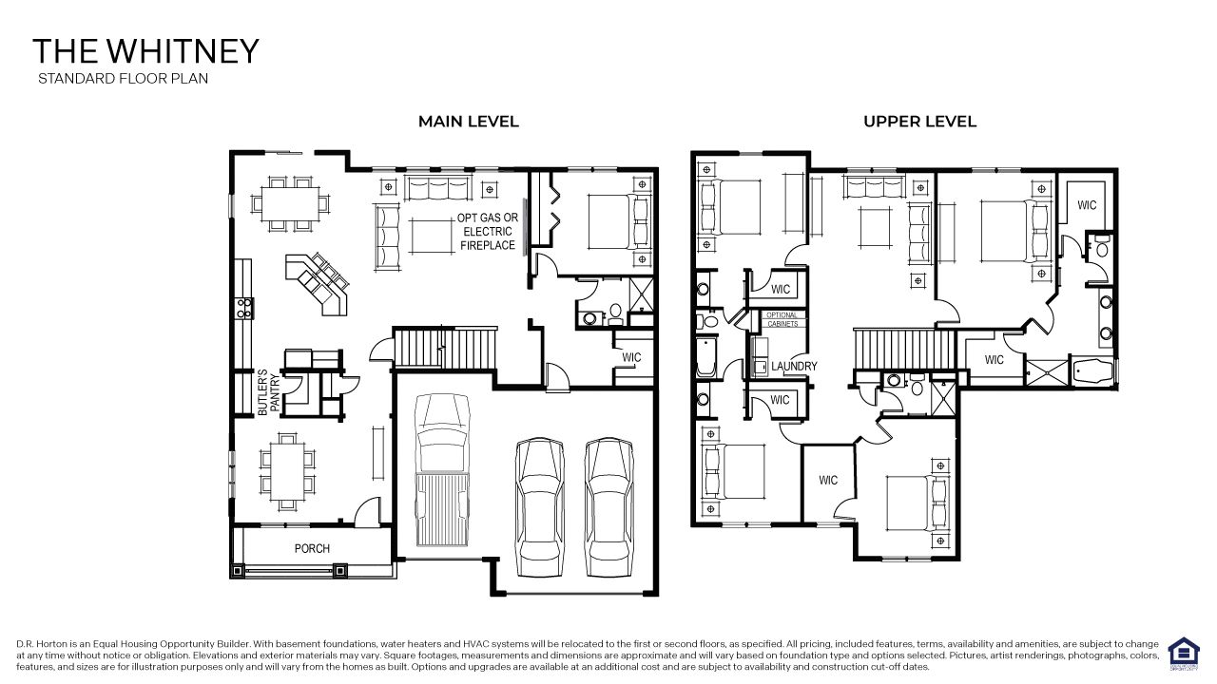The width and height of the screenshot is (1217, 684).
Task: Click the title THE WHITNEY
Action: click(145, 51)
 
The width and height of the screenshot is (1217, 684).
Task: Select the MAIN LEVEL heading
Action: click(469, 122)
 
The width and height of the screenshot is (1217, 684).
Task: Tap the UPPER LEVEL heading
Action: click(919, 122)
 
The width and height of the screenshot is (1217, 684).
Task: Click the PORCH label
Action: click(312, 548)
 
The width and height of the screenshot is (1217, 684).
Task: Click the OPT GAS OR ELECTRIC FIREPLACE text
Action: click(487, 231)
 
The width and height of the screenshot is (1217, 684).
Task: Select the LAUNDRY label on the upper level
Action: click(794, 366)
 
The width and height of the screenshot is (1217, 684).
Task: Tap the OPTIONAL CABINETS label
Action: click(782, 319)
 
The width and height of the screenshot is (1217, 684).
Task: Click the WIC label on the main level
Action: click(632, 357)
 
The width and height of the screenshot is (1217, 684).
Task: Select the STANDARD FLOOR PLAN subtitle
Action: click(123, 79)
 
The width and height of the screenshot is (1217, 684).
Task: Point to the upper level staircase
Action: click(904, 347)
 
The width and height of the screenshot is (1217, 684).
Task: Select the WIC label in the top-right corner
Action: click(1087, 205)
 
